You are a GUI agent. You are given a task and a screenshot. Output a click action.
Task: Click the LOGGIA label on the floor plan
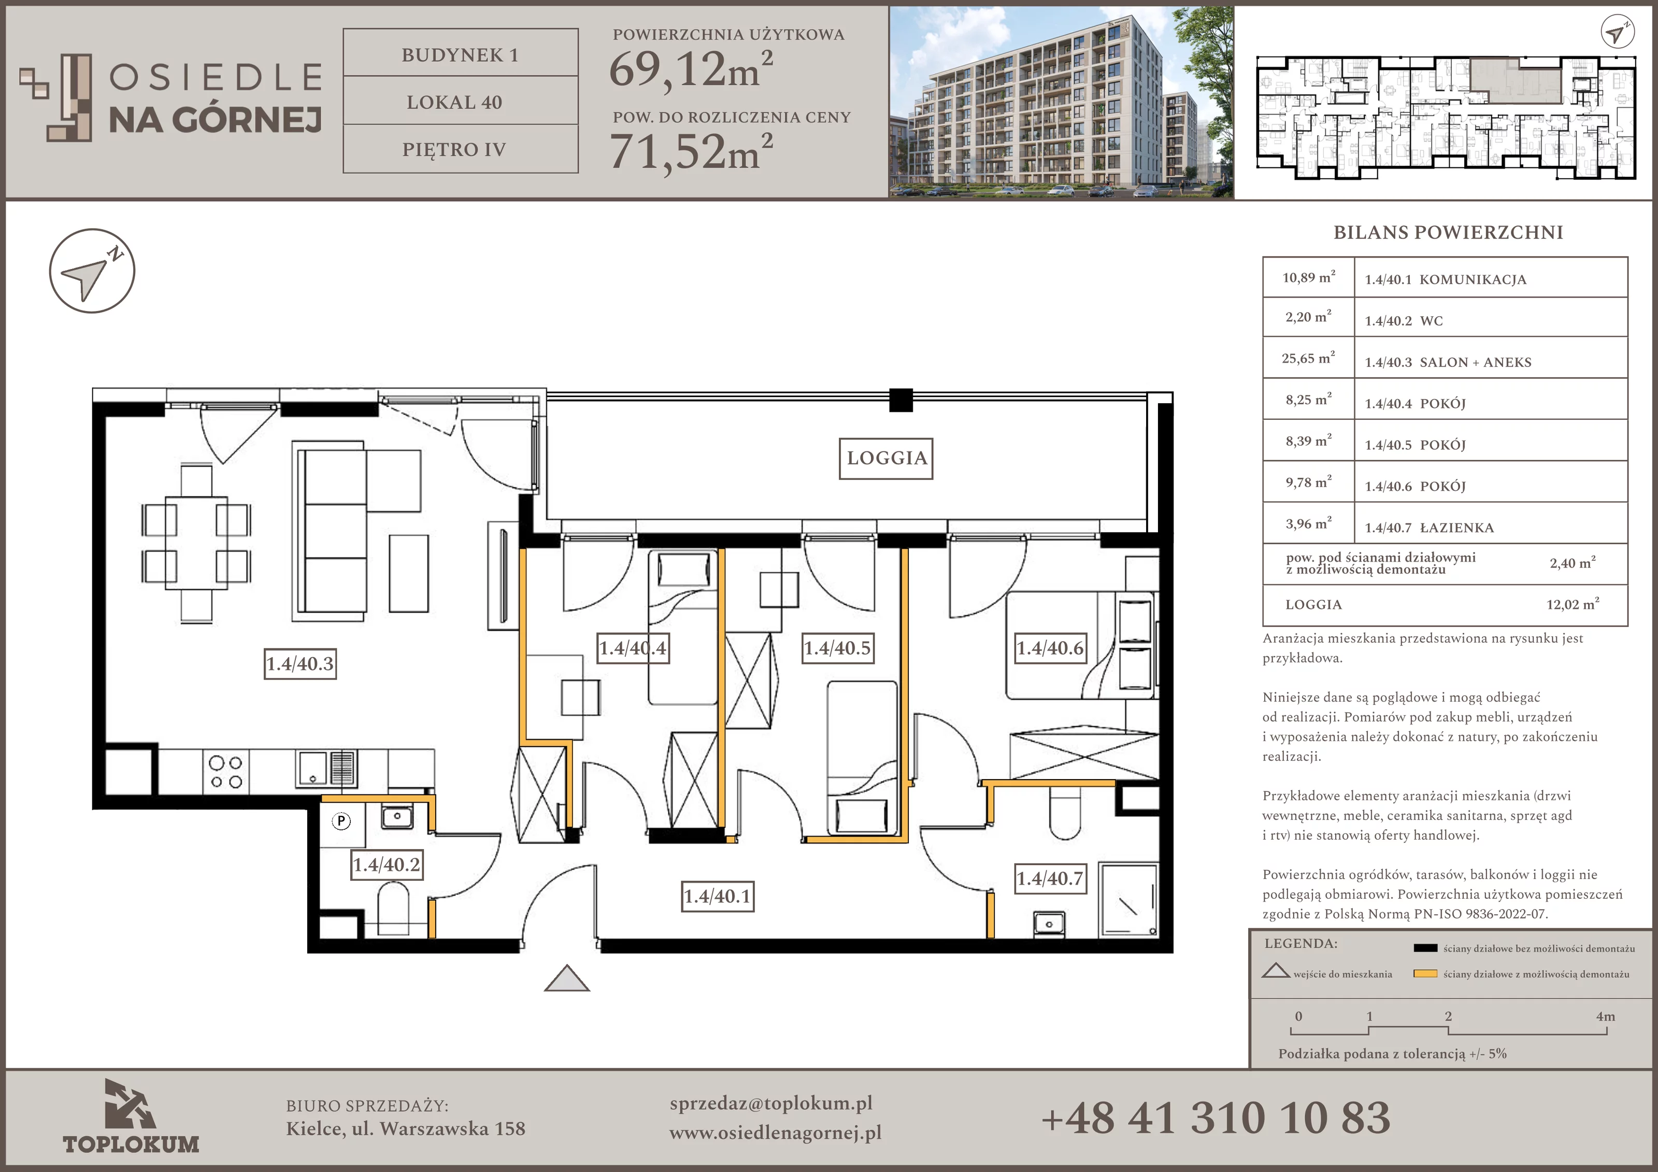886,458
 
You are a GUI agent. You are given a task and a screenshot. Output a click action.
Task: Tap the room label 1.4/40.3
301,663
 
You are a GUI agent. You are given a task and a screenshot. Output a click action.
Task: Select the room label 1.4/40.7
1050,879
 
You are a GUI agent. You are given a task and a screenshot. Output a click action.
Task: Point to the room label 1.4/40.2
387,865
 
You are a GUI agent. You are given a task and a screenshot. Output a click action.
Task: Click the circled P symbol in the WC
341,821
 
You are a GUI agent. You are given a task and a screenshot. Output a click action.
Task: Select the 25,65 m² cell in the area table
1308,358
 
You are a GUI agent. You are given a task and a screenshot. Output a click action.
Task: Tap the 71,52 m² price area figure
691,152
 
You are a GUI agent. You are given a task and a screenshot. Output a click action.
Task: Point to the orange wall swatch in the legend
1425,974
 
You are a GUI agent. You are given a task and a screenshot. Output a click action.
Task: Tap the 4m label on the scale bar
1605,1016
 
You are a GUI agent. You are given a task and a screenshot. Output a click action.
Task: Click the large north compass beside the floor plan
92,271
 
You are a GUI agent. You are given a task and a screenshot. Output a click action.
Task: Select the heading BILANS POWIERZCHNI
1448,233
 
